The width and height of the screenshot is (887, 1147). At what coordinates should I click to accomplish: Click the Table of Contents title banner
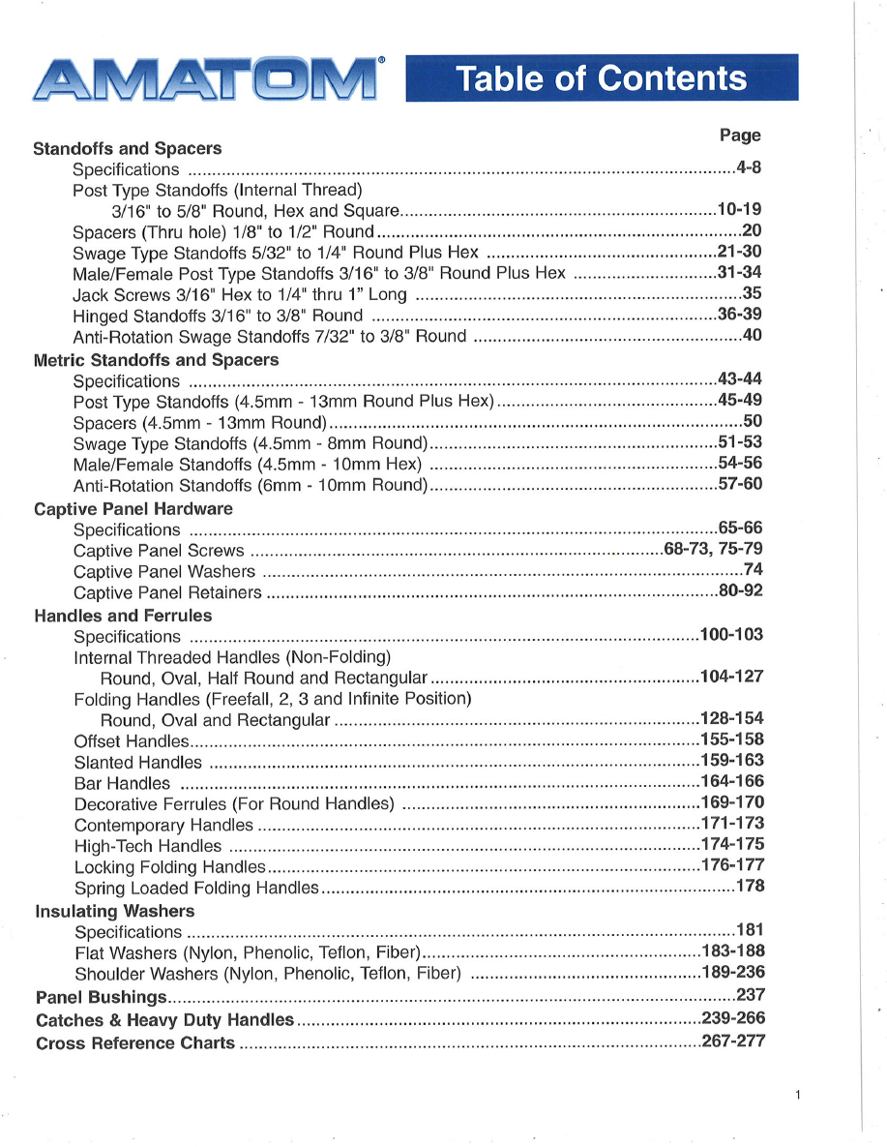pos(602,78)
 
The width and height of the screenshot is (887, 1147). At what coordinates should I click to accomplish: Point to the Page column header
pos(740,136)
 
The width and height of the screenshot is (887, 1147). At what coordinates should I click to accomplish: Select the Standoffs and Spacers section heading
pos(127,149)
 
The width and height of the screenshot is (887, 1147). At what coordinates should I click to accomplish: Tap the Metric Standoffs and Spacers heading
pos(156,360)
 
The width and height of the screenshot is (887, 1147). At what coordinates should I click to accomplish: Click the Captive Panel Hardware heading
pos(133,509)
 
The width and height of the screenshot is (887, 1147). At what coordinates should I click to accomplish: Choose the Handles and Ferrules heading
pos(123,616)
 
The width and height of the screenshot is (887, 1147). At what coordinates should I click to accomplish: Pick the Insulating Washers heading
pos(114,912)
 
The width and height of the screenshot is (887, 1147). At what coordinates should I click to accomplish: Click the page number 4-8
pos(749,168)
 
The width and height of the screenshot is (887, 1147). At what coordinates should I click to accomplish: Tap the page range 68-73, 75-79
pos(713,550)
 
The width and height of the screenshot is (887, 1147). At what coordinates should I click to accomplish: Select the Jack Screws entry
pos(240,294)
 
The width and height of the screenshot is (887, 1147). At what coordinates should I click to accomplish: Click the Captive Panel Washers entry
pos(164,572)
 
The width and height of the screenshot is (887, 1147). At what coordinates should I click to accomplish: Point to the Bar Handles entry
pos(122,783)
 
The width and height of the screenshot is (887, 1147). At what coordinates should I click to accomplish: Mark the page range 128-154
pos(731,718)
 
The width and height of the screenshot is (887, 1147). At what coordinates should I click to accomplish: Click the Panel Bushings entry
pos(102,997)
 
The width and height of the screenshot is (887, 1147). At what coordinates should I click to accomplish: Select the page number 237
pos(751,994)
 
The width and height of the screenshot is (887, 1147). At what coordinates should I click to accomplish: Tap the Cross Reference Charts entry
pos(135,1043)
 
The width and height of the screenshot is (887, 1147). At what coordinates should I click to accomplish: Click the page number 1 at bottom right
pos(797,1096)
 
